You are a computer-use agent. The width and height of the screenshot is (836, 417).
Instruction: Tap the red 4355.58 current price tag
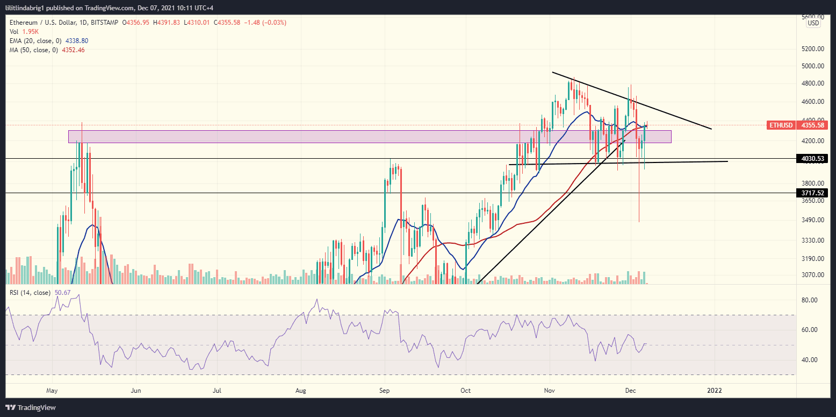pyautogui.click(x=813, y=125)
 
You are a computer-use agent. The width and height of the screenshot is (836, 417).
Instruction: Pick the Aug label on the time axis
pyautogui.click(x=301, y=391)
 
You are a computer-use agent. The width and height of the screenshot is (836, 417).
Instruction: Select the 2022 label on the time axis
pyautogui.click(x=714, y=391)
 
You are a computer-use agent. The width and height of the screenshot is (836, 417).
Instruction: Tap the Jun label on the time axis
pyautogui.click(x=136, y=391)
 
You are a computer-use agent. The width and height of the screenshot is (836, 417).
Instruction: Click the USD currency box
pyautogui.click(x=813, y=23)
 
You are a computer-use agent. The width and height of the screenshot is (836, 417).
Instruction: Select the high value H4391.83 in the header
pyautogui.click(x=167, y=23)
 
